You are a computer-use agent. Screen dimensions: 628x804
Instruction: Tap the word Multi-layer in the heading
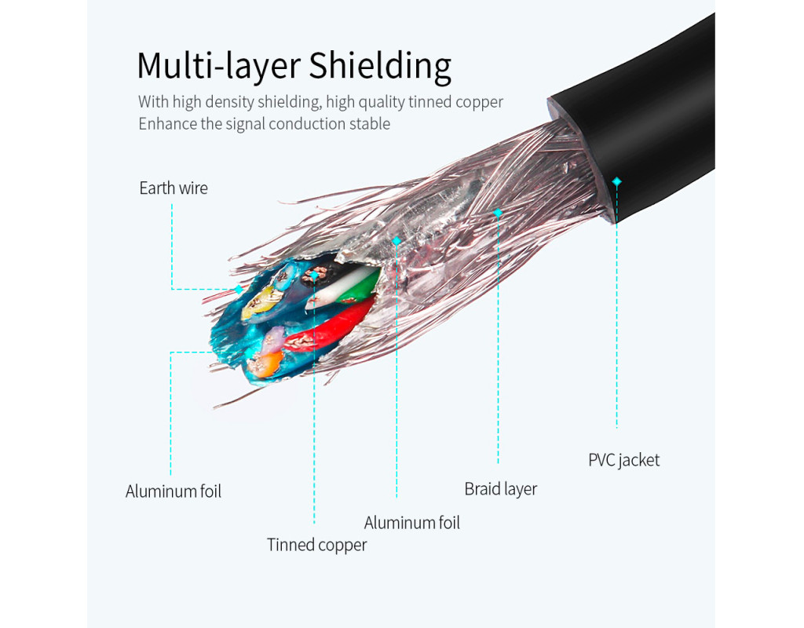click(218, 66)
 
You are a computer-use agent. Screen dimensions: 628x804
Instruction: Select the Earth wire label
click(174, 188)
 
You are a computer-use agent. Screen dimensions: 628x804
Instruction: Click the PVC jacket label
click(623, 460)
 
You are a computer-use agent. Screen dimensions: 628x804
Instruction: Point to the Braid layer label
click(500, 489)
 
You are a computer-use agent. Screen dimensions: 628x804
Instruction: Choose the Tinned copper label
click(316, 545)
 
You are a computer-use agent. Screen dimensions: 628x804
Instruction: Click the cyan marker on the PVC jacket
click(616, 181)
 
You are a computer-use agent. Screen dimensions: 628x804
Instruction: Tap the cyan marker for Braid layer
click(498, 212)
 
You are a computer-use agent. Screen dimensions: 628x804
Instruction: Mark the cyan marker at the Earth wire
click(239, 289)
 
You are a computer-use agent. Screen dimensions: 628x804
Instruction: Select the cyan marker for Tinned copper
click(314, 276)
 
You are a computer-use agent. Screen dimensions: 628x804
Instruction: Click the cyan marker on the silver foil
click(397, 241)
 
